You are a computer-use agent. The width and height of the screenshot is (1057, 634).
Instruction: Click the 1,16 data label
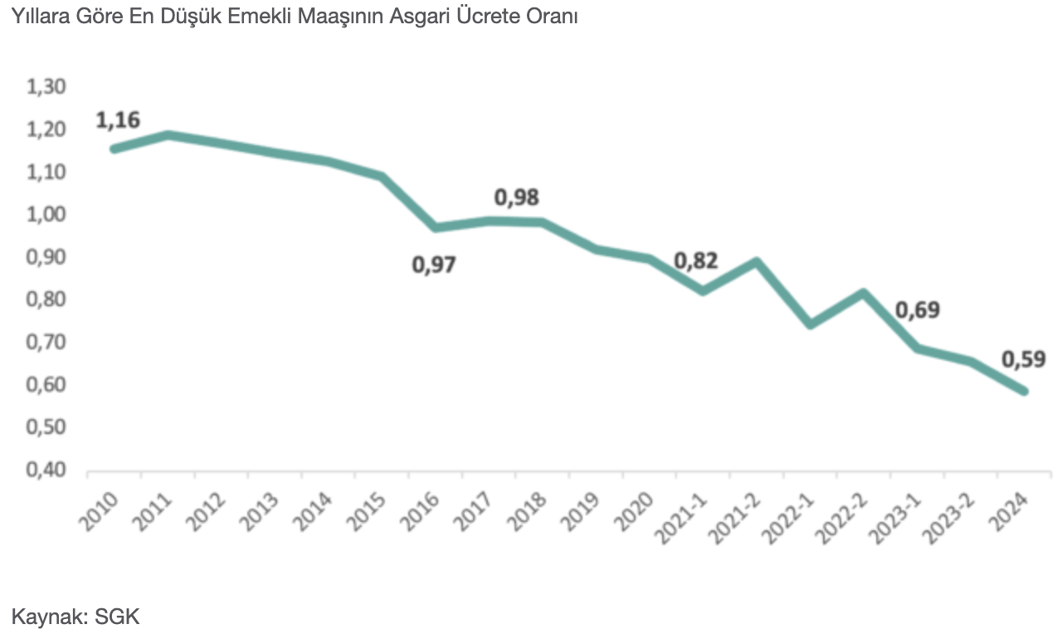pos(118,119)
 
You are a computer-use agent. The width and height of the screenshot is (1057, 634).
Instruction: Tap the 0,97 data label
pos(435,266)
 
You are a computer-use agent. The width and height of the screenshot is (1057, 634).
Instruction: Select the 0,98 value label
pos(517,198)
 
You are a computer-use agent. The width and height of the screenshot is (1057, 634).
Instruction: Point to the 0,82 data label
pos(695,261)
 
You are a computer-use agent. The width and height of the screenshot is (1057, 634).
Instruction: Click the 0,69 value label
pos(918,310)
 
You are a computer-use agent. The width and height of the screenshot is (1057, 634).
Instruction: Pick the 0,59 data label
pos(1023,359)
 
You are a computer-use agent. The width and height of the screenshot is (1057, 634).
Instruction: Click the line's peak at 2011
pos(168,134)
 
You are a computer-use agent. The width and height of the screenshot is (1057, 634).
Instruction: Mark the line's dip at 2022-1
pos(809,324)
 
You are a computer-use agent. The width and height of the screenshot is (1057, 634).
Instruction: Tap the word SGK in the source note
pos(118,617)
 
